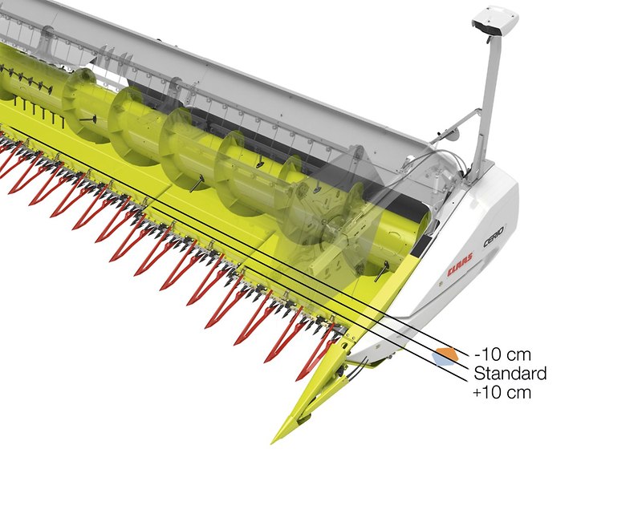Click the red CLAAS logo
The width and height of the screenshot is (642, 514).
point(460,264)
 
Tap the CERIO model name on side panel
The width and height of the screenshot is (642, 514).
point(494,236)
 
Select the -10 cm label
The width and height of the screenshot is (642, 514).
point(502,354)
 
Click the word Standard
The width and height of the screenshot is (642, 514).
point(510,373)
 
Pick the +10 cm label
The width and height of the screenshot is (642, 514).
point(502,392)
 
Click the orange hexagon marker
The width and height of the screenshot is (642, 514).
point(447,354)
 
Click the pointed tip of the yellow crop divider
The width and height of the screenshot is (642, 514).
point(273,442)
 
